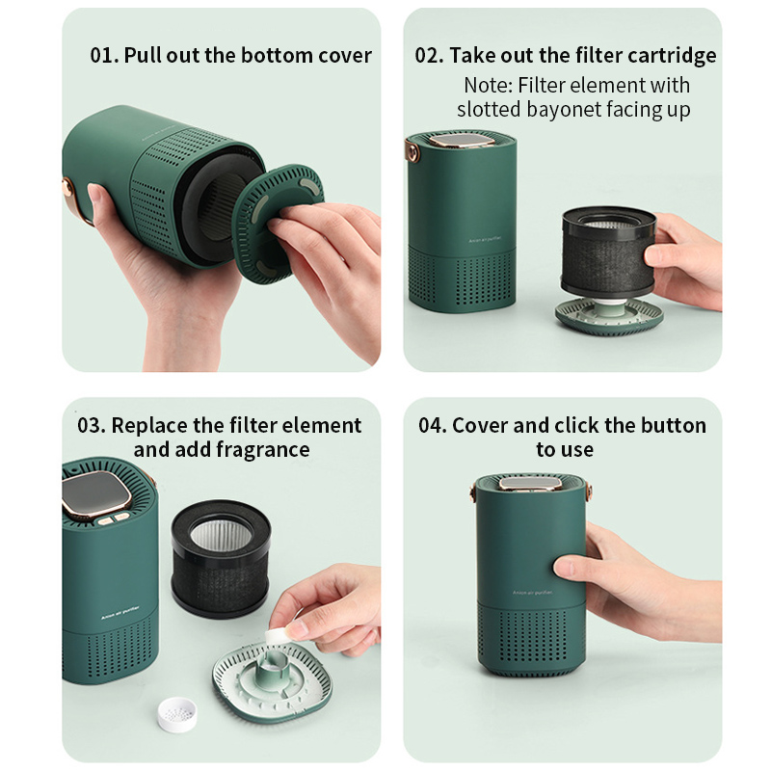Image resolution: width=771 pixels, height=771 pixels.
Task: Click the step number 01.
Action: coord(104,55)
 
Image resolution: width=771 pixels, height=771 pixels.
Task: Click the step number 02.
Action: coord(429,55)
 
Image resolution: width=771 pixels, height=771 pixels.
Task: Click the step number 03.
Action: coord(92,425)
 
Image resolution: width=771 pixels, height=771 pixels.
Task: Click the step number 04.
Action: coord(433,425)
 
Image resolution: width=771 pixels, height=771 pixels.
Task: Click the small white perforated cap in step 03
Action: coord(177,714)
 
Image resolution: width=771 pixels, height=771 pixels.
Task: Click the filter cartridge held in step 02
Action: coord(608,252)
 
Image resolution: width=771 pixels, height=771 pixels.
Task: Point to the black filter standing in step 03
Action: coord(221,559)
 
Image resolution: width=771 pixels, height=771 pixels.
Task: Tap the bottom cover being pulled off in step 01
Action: coord(278,225)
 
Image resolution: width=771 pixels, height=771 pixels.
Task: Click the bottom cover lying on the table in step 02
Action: coord(609,316)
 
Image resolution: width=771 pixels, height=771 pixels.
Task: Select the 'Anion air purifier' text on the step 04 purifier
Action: coord(533,593)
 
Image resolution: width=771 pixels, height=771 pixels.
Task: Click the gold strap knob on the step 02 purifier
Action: coord(412,151)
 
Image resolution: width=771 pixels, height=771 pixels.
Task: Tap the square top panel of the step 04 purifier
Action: coord(531,483)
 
